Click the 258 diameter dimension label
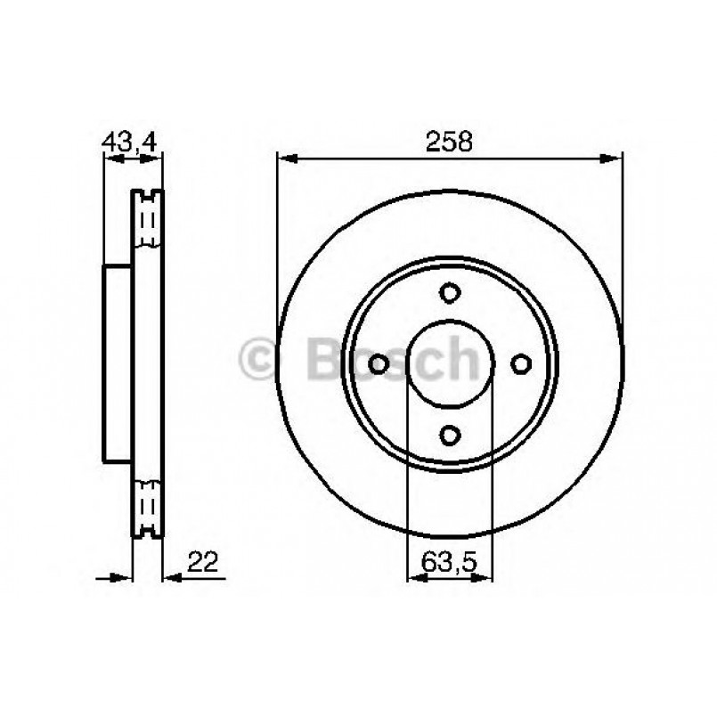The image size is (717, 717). click(449, 141)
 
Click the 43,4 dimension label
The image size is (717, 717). click(131, 141)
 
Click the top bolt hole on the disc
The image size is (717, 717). click(450, 292)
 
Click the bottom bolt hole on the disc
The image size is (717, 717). click(450, 434)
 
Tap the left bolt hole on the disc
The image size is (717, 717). click(379, 363)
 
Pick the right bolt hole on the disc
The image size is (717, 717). click(521, 363)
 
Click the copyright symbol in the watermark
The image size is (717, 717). click(259, 360)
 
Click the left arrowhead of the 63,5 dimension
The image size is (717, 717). click(414, 577)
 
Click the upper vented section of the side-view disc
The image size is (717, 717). click(147, 219)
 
